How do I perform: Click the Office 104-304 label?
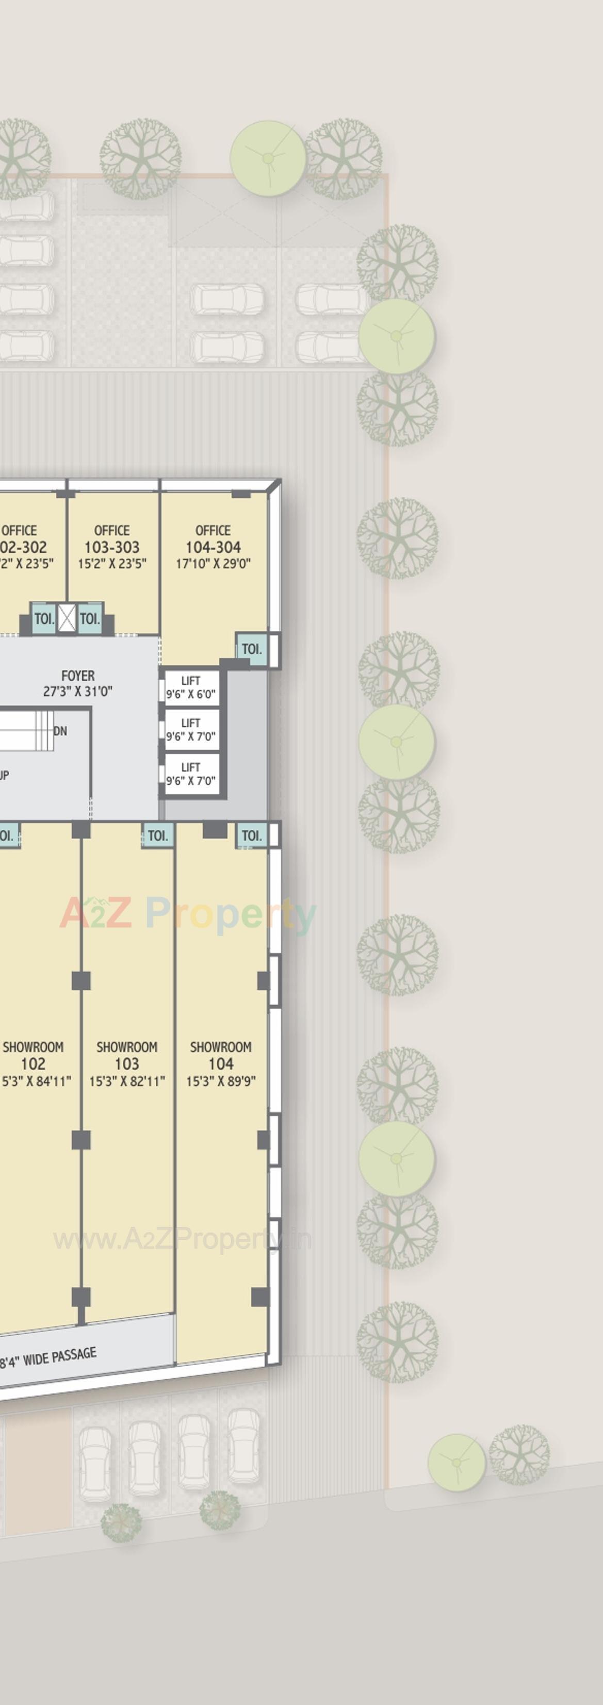(213, 547)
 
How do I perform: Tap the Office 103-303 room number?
(111, 547)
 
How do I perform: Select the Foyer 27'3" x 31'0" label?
(77, 683)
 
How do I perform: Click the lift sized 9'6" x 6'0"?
(191, 687)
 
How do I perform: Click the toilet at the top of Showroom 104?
(252, 835)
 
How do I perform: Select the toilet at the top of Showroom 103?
(157, 835)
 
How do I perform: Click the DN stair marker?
(60, 731)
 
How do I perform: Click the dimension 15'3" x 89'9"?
(220, 1081)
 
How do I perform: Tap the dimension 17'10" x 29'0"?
(213, 564)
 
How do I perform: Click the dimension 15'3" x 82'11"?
(126, 1081)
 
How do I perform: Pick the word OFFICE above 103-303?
(111, 530)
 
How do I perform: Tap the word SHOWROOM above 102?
(33, 1047)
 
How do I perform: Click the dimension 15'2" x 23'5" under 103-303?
(111, 564)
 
